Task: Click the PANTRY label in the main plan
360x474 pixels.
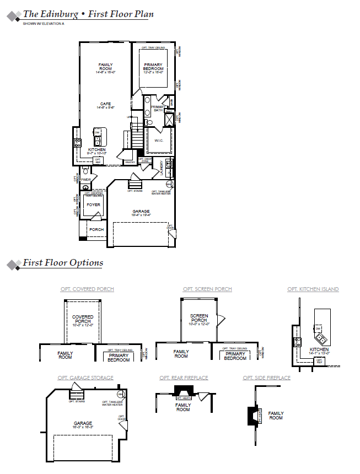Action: pyautogui.click(x=130, y=163)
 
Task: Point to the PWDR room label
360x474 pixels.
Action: pyautogui.click(x=85, y=180)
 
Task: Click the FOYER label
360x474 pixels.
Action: pyautogui.click(x=94, y=204)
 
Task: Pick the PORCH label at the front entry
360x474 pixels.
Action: pyautogui.click(x=96, y=229)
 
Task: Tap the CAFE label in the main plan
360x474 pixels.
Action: pyautogui.click(x=105, y=104)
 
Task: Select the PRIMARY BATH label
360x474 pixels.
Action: pyautogui.click(x=158, y=109)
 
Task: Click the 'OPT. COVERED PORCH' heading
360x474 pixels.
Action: pyautogui.click(x=87, y=289)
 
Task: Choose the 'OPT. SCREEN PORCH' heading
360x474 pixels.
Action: pyautogui.click(x=207, y=289)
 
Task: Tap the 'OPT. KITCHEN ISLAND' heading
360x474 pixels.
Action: pyautogui.click(x=313, y=289)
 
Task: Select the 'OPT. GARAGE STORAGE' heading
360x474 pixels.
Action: pyautogui.click(x=85, y=378)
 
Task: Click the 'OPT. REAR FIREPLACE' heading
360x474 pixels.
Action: pyautogui.click(x=184, y=378)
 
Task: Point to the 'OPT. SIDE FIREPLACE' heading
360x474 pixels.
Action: pyautogui.click(x=266, y=378)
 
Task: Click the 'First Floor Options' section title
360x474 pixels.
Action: pyautogui.click(x=62, y=263)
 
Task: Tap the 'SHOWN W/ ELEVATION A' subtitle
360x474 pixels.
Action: pyautogui.click(x=44, y=24)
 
